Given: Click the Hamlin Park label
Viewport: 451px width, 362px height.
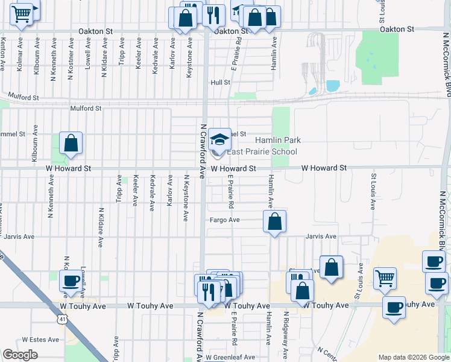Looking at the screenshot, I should pos(282,140).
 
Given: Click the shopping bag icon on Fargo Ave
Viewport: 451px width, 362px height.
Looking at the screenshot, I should pos(274,222).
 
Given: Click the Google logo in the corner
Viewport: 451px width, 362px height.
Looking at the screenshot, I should pos(20,355).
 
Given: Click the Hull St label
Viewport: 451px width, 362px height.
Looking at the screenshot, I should pos(221,83).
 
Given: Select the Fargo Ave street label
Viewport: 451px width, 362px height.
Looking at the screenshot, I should pos(225,220).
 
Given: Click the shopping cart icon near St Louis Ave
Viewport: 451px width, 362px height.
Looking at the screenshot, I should pos(385,279).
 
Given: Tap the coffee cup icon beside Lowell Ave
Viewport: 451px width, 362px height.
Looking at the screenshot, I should pos(71,282).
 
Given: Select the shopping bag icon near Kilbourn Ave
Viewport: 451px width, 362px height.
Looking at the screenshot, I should pos(71,144).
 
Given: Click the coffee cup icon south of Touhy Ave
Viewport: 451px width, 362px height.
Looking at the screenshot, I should pos(394,308).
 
